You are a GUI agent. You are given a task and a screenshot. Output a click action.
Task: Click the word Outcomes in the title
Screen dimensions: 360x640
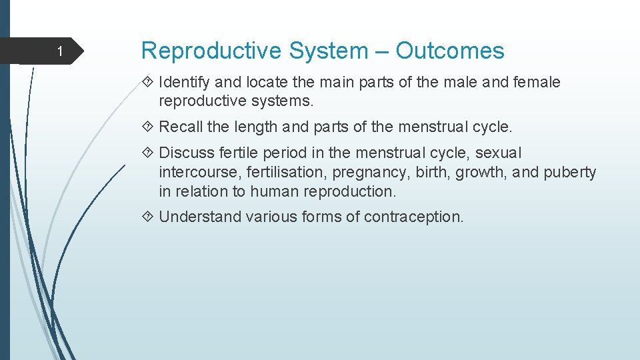coord(450,51)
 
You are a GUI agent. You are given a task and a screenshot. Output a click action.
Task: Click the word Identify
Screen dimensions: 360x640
coord(184,82)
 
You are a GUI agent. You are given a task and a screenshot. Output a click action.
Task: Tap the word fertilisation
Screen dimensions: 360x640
coord(287,172)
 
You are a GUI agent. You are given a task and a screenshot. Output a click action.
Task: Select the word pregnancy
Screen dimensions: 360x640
coord(371,173)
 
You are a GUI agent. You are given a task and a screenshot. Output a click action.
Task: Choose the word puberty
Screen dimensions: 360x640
coord(570,173)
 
